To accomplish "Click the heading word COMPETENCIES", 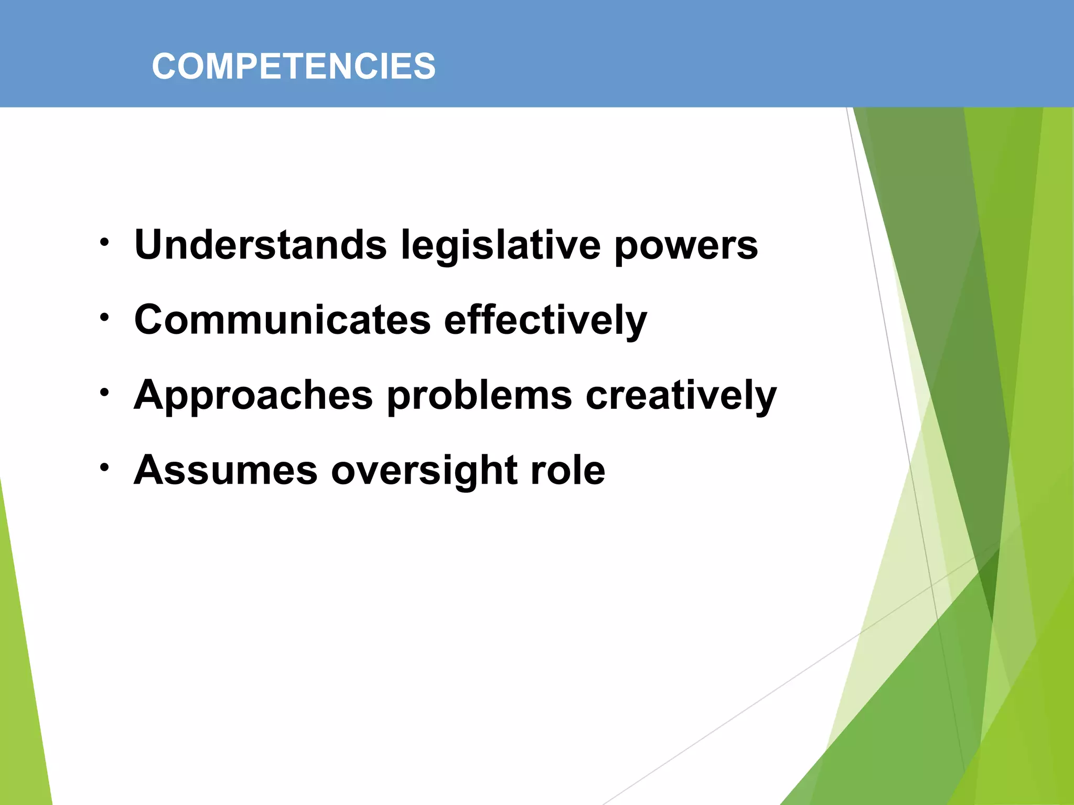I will tap(293, 67).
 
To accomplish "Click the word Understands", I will tap(260, 245).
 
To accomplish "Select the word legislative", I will tap(500, 245).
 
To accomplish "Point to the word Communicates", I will tap(282, 320).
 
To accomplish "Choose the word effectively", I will tap(545, 321).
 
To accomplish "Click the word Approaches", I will tap(253, 396).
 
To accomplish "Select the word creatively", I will tap(681, 396).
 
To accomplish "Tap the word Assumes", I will tap(225, 470).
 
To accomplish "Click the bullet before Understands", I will tap(105, 242).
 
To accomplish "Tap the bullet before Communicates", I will tap(105, 317).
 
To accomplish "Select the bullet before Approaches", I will tap(105, 392).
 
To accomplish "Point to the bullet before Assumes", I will tap(105, 467).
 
